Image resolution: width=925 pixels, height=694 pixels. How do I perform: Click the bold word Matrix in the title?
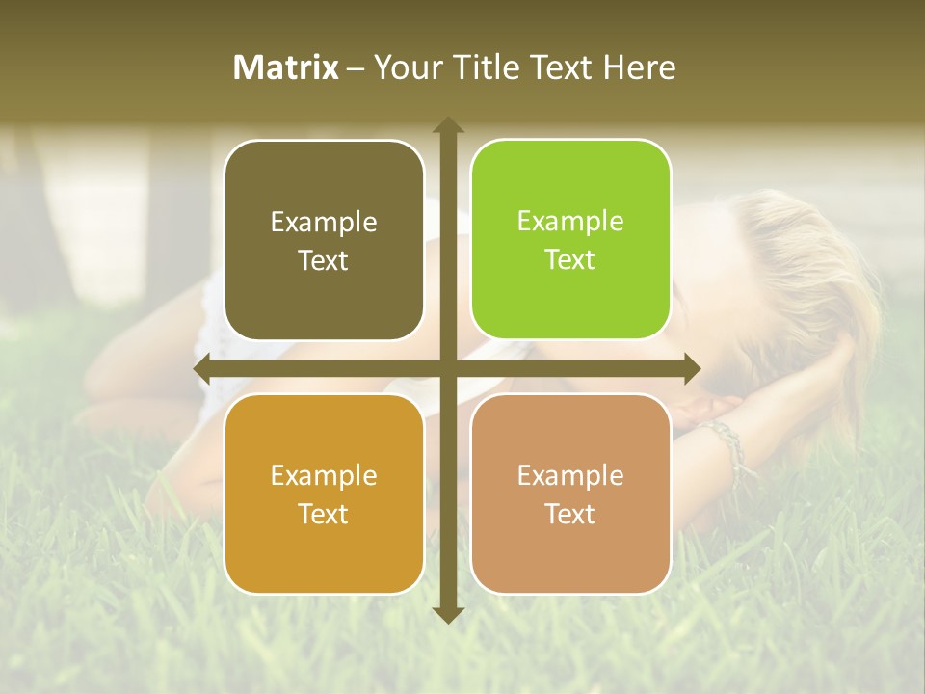pos(286,67)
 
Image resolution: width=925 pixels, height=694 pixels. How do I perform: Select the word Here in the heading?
pos(640,67)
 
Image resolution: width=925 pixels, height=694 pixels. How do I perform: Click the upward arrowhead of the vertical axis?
pos(448,125)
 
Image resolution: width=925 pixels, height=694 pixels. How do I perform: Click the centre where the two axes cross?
pos(448,368)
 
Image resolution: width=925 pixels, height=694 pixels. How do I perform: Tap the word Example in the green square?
pos(570,221)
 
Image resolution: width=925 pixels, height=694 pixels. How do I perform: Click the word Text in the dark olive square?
pos(324,260)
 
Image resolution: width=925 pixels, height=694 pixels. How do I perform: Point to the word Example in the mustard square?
pos(324,475)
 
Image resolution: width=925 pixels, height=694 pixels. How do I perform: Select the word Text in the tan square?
pos(570,514)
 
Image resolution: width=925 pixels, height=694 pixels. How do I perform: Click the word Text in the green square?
pos(570,259)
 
